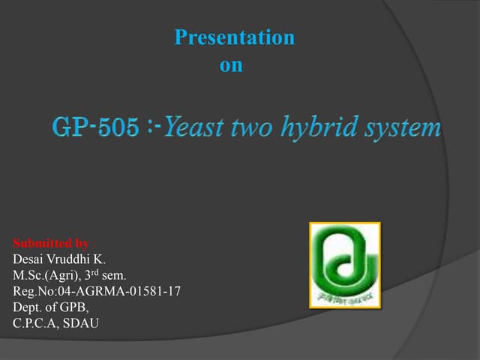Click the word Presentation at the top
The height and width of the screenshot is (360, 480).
point(234,37)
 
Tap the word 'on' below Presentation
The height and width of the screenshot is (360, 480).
point(231,65)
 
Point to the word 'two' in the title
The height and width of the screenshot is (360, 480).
point(252,128)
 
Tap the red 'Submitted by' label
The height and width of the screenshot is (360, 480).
point(51,243)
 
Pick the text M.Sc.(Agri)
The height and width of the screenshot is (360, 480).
point(44,274)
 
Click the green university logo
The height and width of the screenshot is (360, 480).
point(345,265)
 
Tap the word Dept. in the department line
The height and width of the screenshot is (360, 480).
point(28,307)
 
